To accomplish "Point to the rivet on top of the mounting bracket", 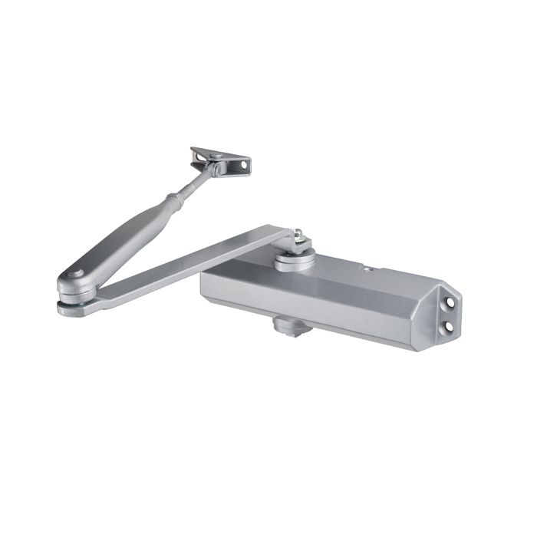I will click(218, 155).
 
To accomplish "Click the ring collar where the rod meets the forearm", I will click(173, 200).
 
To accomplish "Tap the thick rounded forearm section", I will click(123, 237).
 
